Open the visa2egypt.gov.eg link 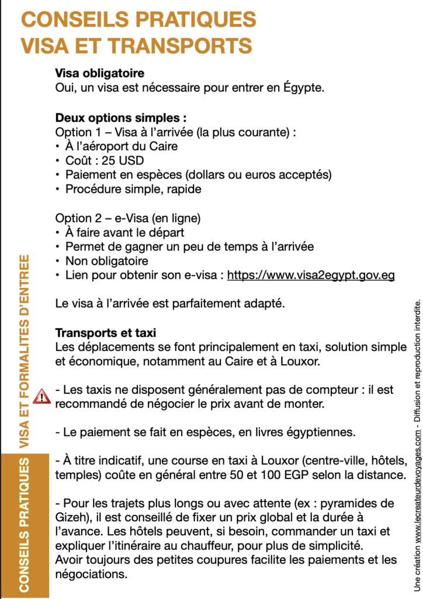click(311, 275)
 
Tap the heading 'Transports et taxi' click(106, 333)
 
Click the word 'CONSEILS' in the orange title click(75, 19)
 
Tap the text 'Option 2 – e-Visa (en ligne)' click(128, 218)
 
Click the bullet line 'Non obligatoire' click(106, 261)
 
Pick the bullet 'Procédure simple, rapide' click(133, 189)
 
